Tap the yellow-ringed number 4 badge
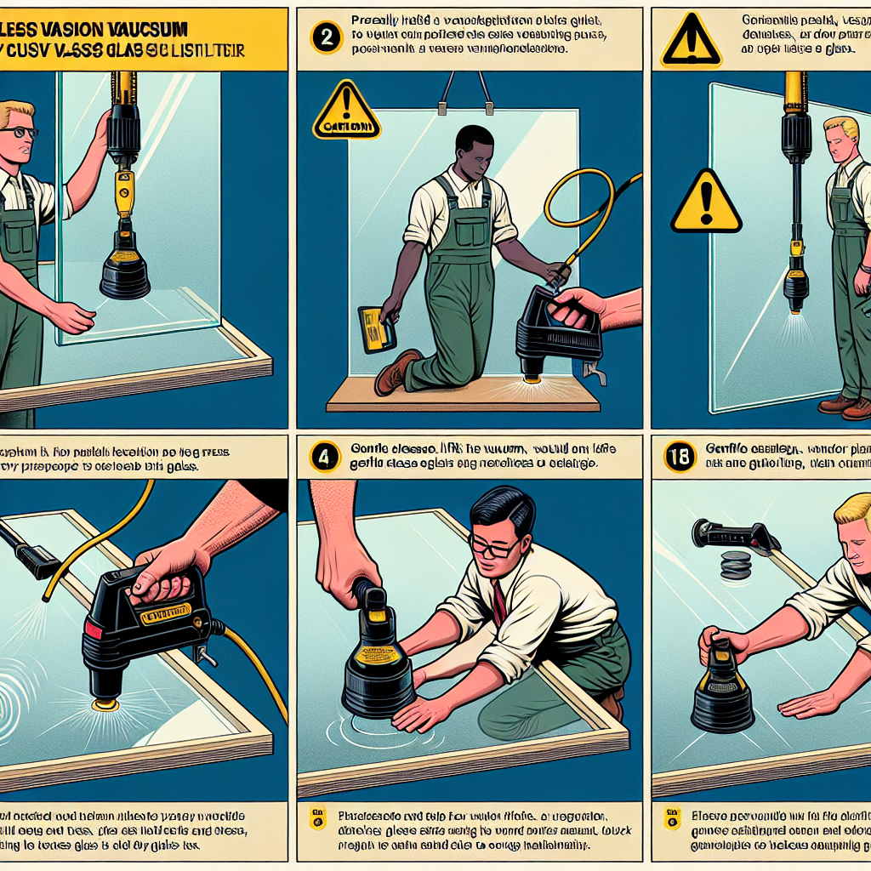click(323, 458)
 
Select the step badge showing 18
click(678, 458)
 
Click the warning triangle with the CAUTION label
click(346, 112)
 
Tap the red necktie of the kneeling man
click(499, 601)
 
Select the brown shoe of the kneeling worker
click(396, 372)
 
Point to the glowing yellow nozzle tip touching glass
click(105, 703)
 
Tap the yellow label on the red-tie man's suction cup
click(379, 655)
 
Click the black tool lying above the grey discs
click(733, 534)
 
